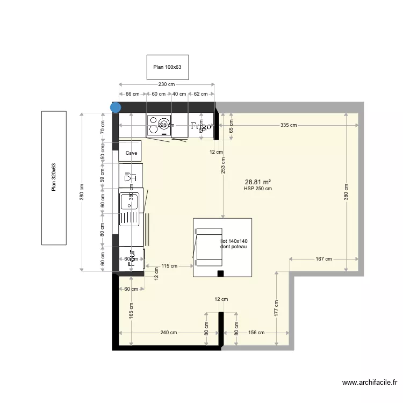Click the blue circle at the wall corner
click(x=115, y=107)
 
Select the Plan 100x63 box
click(x=168, y=67)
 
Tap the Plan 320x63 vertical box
click(x=54, y=178)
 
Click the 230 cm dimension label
click(x=167, y=84)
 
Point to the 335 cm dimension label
click(x=289, y=125)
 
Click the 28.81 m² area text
click(x=257, y=182)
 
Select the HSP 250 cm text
click(x=257, y=189)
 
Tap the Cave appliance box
click(x=131, y=153)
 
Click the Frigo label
click(x=200, y=126)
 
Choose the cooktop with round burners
click(x=159, y=125)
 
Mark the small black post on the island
click(x=220, y=274)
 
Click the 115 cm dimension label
click(x=169, y=265)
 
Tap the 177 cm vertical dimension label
click(x=276, y=311)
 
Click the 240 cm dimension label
click(x=168, y=333)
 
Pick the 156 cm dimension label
click(x=256, y=333)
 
